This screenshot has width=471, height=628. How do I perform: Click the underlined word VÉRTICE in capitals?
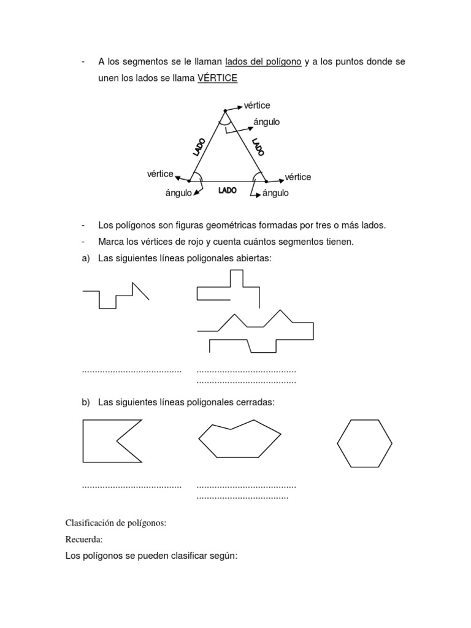coord(217,79)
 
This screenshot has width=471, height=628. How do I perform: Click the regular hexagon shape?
coord(364,443)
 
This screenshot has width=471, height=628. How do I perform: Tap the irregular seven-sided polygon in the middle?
coord(239,440)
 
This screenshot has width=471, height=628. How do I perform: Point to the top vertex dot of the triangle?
coord(225,111)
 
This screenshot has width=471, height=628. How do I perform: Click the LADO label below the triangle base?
coord(227,191)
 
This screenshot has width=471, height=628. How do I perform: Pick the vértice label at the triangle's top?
coord(257,105)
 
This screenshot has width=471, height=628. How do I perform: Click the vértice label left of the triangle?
coord(160,174)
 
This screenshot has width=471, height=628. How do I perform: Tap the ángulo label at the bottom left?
coord(178,193)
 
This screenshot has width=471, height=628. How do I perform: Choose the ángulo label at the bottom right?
coord(275,193)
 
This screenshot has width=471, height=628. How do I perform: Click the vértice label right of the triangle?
coord(298,177)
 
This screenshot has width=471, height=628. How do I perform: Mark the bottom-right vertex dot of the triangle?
coord(265,182)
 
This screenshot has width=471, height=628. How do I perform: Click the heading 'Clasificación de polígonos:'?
coord(116,523)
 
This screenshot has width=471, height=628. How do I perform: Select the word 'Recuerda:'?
coord(84,540)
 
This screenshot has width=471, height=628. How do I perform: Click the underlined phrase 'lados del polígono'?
coord(263,62)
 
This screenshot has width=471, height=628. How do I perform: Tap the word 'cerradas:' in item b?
coord(255,402)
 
